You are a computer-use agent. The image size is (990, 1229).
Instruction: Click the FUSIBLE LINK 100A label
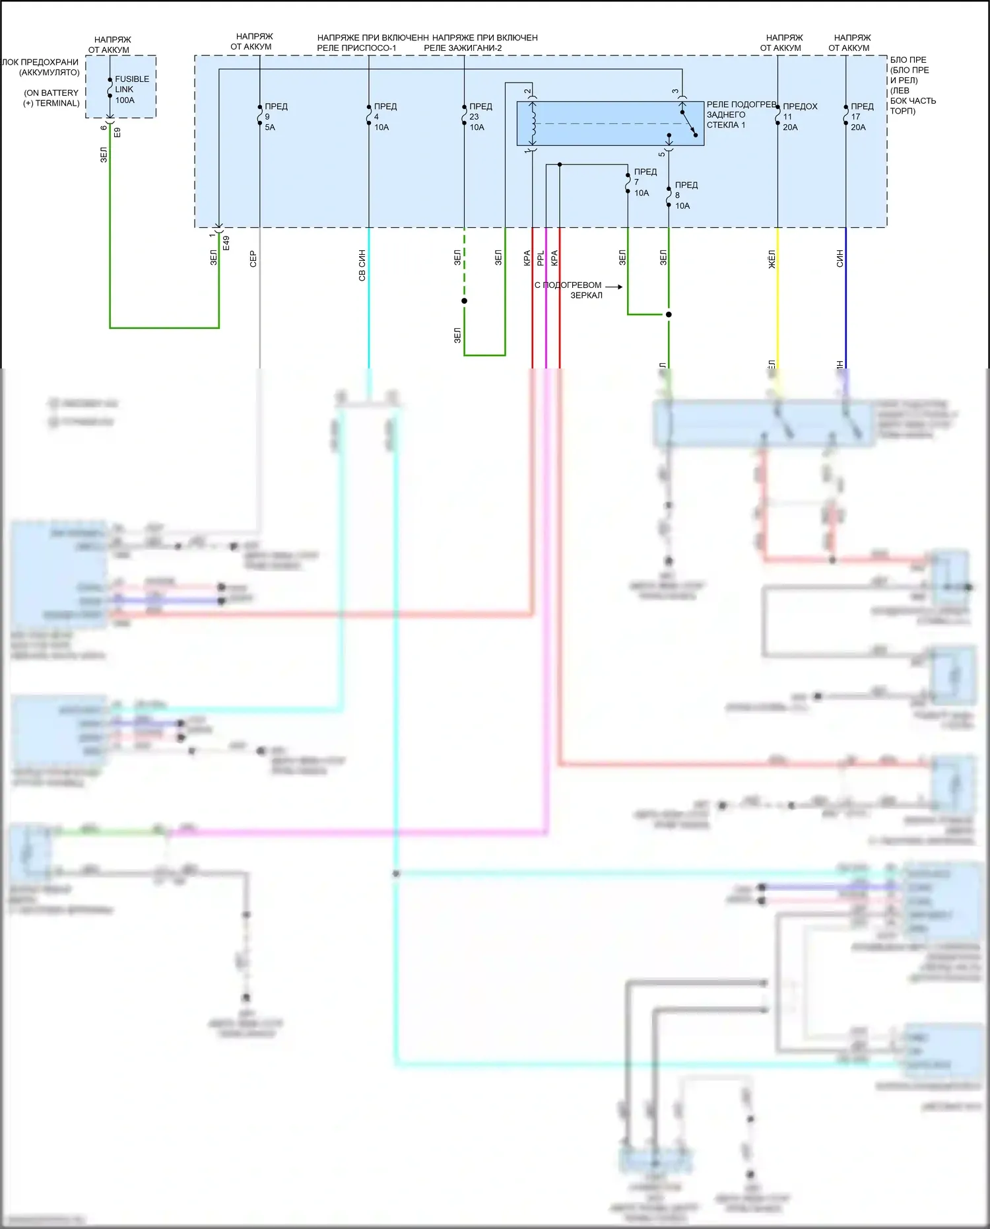coord(131,89)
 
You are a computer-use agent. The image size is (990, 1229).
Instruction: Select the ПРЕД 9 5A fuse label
coord(275,117)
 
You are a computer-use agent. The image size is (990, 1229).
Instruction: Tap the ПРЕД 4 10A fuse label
coord(385,117)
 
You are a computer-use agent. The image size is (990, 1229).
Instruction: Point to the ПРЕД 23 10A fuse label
coord(480,117)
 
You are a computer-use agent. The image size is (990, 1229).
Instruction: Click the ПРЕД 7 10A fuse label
coord(645,182)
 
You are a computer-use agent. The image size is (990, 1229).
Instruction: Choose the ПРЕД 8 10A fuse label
coord(686,195)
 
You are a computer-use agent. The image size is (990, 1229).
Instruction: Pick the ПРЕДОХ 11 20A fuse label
coord(799,117)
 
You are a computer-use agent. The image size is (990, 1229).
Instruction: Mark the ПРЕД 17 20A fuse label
coord(861,117)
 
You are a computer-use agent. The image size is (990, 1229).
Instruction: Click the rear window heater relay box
coord(610,123)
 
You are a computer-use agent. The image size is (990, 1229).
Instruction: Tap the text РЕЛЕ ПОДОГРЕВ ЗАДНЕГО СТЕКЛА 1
coord(741,115)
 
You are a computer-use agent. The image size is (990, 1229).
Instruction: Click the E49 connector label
coord(226,242)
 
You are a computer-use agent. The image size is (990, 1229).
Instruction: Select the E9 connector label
coord(117,132)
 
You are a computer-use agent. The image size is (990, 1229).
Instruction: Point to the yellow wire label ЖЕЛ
coord(772,258)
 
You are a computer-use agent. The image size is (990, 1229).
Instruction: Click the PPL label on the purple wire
coord(541,258)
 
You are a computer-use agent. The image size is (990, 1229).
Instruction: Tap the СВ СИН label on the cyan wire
coord(362,265)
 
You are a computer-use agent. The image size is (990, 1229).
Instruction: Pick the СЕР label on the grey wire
coord(253,259)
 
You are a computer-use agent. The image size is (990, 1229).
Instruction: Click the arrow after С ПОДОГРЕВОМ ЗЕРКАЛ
coord(614,287)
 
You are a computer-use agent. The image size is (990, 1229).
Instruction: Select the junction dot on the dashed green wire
coord(465,301)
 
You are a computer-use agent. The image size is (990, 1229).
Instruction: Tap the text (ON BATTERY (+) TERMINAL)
coord(51,98)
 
